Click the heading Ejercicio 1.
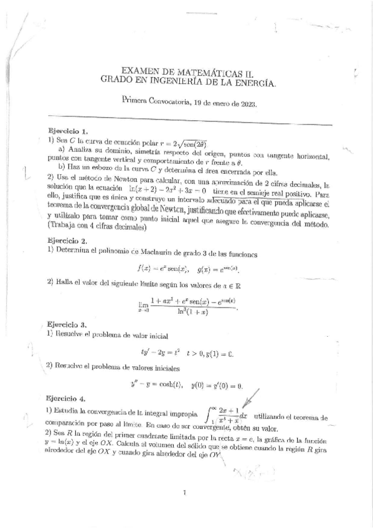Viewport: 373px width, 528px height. [x=68, y=131]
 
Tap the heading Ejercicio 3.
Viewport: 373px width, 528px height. [x=67, y=324]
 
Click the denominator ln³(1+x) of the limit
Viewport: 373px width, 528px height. [x=189, y=310]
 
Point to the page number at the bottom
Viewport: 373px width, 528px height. [x=185, y=494]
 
